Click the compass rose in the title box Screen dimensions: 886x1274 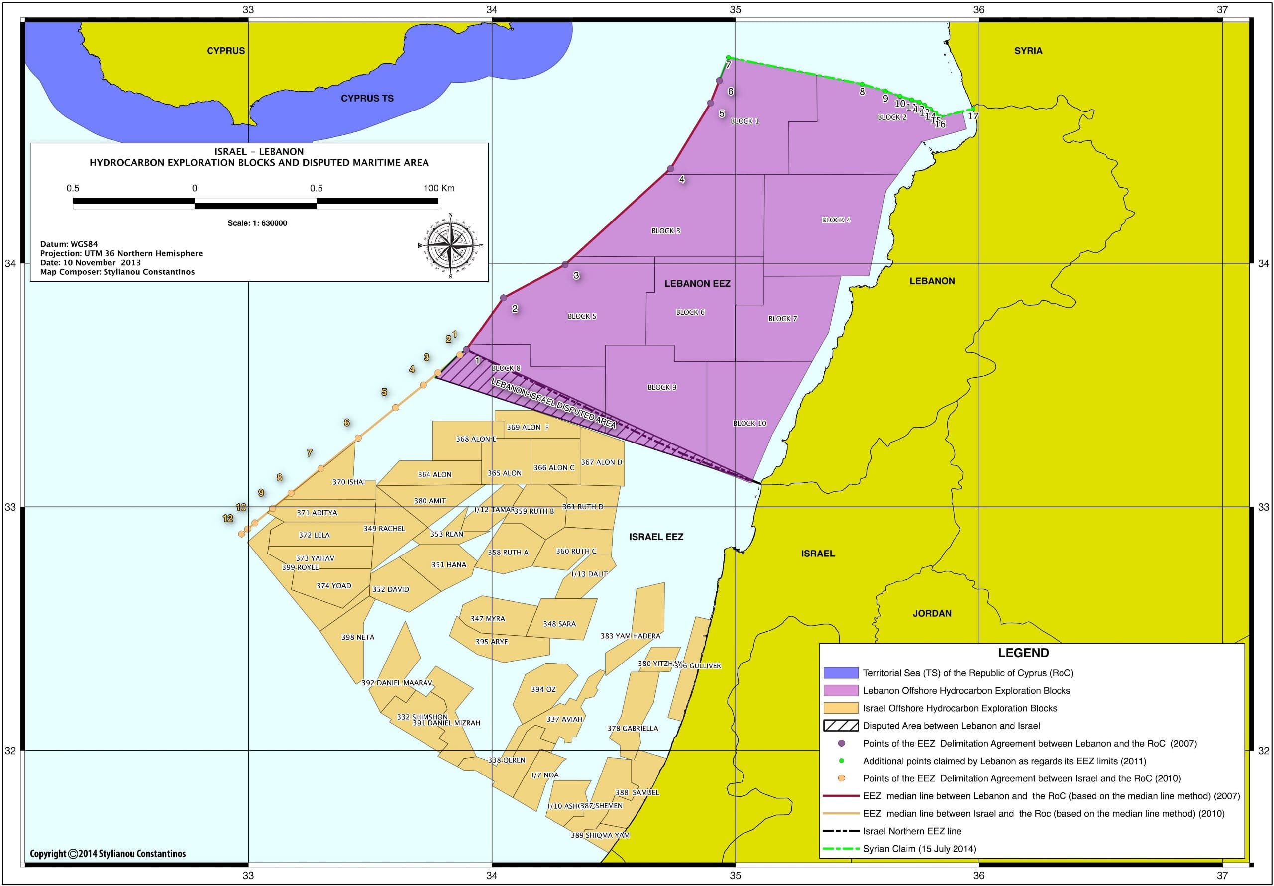[x=450, y=245]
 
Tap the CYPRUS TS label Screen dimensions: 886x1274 [x=367, y=98]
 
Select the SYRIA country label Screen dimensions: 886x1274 [x=1028, y=50]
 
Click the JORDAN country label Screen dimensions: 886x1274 [x=932, y=613]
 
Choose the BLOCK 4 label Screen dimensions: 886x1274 [x=836, y=220]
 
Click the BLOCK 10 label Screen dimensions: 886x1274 [x=749, y=423]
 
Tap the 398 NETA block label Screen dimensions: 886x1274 [x=357, y=637]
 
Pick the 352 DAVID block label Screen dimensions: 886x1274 [x=390, y=589]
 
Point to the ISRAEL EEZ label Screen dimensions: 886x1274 [x=656, y=536]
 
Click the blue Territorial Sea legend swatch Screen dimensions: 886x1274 [x=841, y=673]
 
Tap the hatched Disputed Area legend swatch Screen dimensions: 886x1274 [x=841, y=726]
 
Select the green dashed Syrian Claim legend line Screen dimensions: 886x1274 [x=841, y=849]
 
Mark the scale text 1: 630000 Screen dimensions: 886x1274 [x=257, y=223]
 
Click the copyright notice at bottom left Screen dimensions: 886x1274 [x=107, y=853]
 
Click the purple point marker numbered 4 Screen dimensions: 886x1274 [x=670, y=168]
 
